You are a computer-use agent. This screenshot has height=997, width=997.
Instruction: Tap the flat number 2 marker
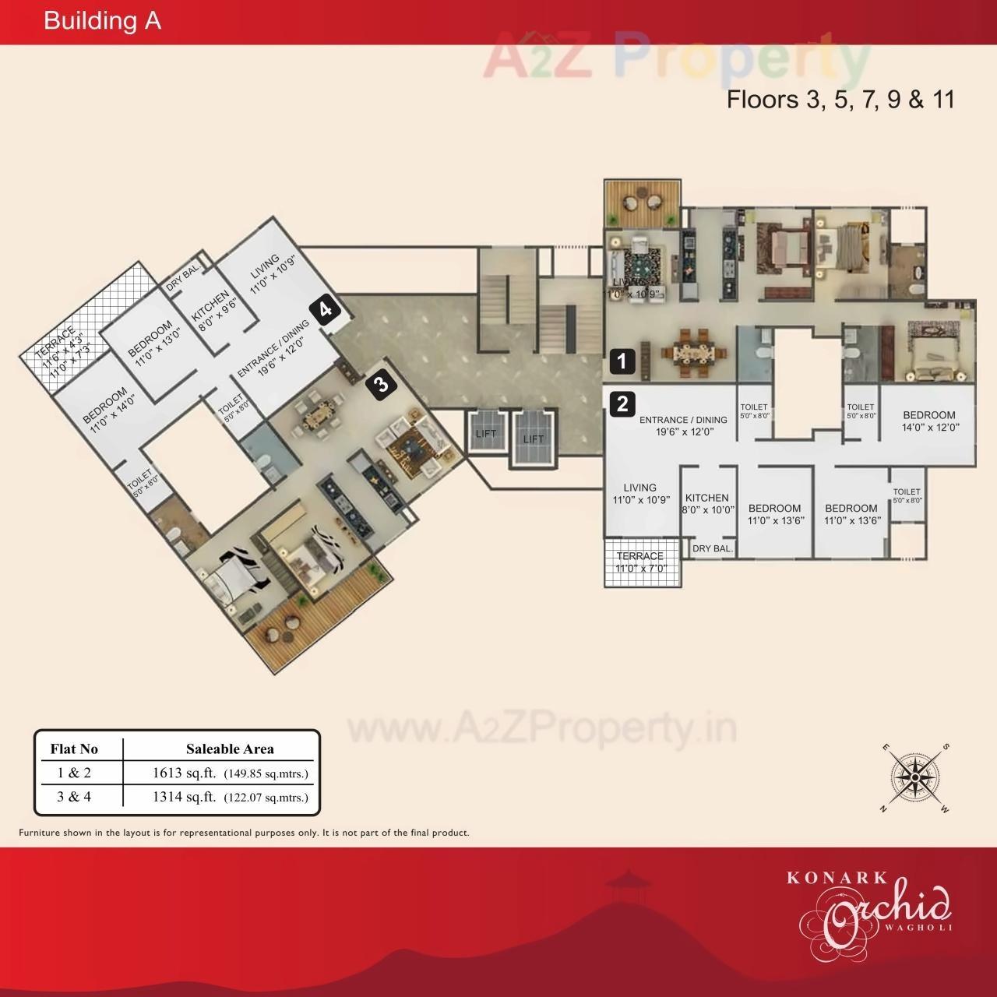tap(622, 404)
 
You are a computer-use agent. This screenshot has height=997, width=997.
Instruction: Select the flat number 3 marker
tap(380, 385)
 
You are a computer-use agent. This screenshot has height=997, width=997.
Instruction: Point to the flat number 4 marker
tap(325, 309)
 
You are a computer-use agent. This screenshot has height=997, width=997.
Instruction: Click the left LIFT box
tap(485, 433)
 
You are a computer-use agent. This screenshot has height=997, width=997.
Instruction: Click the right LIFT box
tap(534, 439)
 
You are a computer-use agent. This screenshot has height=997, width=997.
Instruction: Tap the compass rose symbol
tap(916, 777)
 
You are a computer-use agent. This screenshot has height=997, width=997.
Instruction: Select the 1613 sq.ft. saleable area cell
tap(231, 773)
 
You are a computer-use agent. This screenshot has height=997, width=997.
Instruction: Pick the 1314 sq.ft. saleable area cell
tap(231, 797)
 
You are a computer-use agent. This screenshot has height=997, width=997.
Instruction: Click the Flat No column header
tap(74, 749)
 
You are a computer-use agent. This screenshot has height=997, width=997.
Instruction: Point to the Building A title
tap(102, 21)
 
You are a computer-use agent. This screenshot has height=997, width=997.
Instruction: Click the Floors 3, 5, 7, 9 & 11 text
tap(840, 100)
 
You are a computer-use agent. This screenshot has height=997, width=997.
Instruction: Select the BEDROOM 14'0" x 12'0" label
tap(929, 421)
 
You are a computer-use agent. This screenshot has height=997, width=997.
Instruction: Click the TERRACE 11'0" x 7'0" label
tap(640, 562)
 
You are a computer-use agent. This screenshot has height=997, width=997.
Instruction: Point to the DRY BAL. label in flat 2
tap(712, 548)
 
